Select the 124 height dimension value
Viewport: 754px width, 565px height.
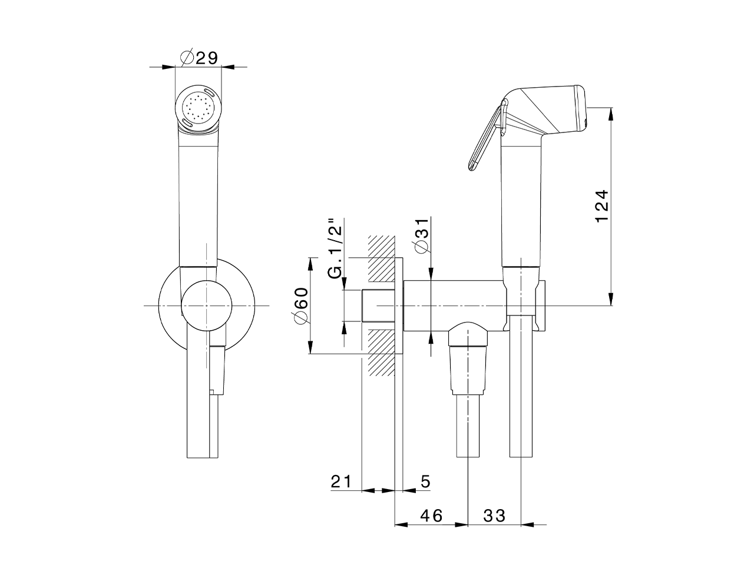pos(602,206)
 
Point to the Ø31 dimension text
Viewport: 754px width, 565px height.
pos(422,235)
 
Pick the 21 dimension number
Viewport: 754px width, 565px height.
pos(342,481)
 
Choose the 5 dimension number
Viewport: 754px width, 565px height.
pos(425,481)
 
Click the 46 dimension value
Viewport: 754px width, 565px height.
pos(431,516)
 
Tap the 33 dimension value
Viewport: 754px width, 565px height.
pos(495,516)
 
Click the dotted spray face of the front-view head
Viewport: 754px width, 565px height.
pos(198,108)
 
